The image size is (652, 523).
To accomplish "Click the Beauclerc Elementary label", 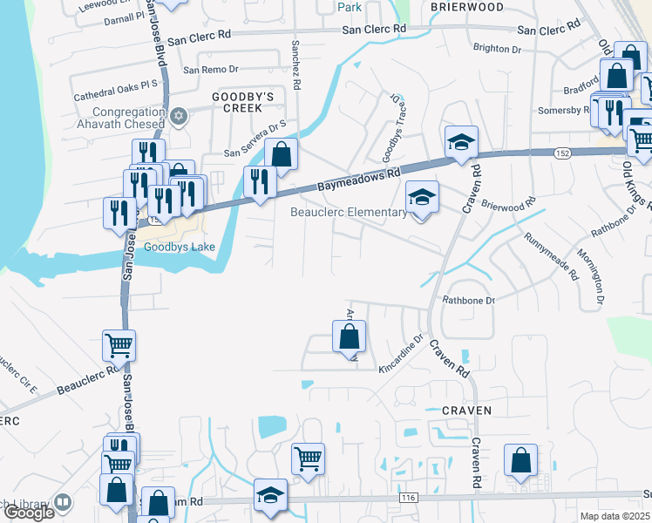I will (348, 212).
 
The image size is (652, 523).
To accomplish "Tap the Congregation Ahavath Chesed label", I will (117, 118).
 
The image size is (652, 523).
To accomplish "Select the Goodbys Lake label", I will (179, 247).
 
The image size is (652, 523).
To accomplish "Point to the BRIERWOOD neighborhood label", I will (467, 6).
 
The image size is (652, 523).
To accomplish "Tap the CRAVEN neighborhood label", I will (467, 410).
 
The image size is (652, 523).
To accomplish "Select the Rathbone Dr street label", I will (469, 300).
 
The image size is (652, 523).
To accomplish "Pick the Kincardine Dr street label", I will (400, 356).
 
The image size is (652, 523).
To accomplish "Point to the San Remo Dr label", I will (210, 69).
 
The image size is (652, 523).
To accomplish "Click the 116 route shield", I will (408, 498).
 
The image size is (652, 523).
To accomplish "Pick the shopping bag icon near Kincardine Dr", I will (349, 336).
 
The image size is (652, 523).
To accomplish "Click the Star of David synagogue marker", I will (180, 116).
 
